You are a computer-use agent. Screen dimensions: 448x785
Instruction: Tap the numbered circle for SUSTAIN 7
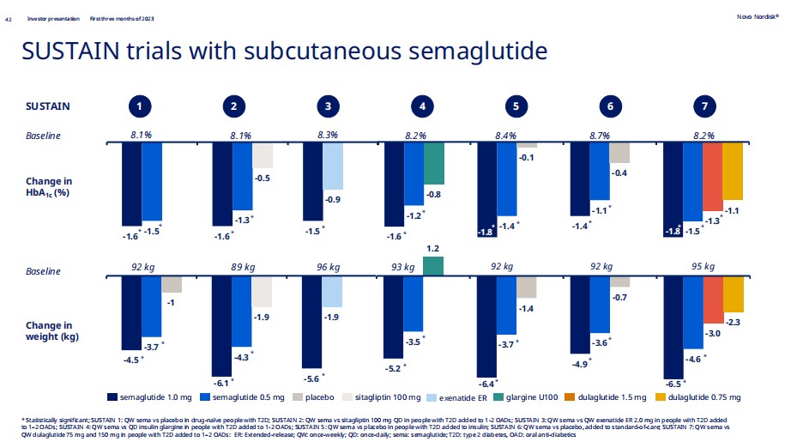point(704,106)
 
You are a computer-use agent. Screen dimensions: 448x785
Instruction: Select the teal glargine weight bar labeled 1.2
point(433,266)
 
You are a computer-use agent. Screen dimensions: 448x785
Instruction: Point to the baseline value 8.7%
point(599,136)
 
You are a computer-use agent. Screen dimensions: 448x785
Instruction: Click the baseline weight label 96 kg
point(329,267)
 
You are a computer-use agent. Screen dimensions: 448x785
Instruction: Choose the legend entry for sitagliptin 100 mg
point(390,397)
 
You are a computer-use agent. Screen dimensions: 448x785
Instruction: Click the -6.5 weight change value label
point(673,384)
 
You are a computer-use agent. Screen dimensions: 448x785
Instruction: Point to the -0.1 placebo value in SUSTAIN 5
point(526,157)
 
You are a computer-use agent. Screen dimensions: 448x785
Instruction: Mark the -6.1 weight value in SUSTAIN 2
point(220,382)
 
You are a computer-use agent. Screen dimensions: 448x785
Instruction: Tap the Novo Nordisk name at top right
point(758,16)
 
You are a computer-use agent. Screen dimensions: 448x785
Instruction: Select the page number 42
point(9,18)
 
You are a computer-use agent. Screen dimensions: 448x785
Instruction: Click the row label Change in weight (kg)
point(48,330)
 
